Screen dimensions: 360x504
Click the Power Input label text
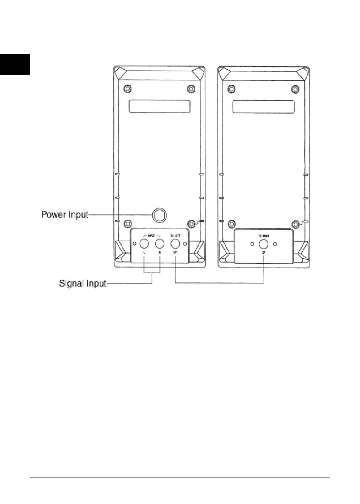click(64, 215)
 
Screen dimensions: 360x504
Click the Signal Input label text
click(83, 283)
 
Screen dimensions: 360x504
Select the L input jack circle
click(144, 243)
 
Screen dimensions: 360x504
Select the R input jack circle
click(160, 243)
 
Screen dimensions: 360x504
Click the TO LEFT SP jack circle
click(175, 243)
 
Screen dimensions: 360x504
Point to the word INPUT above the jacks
click(152, 235)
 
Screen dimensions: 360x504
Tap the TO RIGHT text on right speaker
click(264, 235)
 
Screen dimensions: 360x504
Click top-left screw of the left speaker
click(128, 89)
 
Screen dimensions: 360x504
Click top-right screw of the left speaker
click(191, 89)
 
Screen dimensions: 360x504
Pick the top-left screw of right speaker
click(231, 89)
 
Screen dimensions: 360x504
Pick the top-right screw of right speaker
click(294, 89)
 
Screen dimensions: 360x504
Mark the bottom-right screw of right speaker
click(294, 223)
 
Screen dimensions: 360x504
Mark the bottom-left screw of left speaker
click(128, 223)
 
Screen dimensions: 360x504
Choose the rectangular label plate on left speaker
click(159, 106)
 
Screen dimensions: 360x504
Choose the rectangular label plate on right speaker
click(263, 106)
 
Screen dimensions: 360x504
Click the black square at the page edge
click(15, 64)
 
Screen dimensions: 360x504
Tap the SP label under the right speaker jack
click(263, 252)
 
